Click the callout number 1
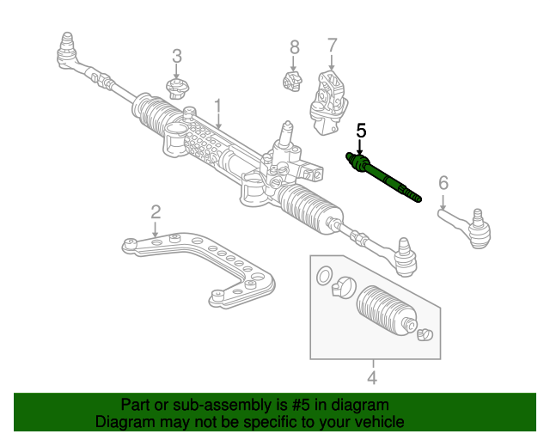[x=218, y=107]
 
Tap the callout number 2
[x=156, y=211]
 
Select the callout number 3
[x=177, y=57]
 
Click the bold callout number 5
[x=361, y=131]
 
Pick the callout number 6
[x=443, y=182]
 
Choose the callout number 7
[x=332, y=45]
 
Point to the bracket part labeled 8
[x=292, y=82]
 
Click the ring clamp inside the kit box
[x=324, y=277]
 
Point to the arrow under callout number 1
[x=218, y=123]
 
